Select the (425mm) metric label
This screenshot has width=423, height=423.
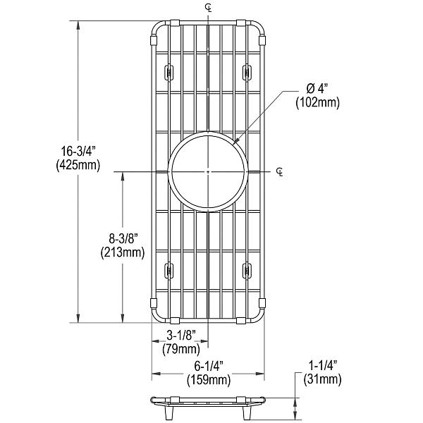pos(78,166)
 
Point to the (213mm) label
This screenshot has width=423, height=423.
pos(122,252)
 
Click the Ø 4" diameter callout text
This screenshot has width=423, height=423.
pos(317,89)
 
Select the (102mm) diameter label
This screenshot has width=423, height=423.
pos(317,103)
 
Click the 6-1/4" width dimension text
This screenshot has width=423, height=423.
pos(209,366)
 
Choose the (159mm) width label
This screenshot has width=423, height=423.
pos(209,380)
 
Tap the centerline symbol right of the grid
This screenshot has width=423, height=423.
pos(280,171)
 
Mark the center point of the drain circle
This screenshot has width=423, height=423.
pos(209,171)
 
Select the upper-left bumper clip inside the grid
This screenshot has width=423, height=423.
pos(169,72)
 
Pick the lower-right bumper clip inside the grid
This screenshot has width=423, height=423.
pos(248,269)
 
